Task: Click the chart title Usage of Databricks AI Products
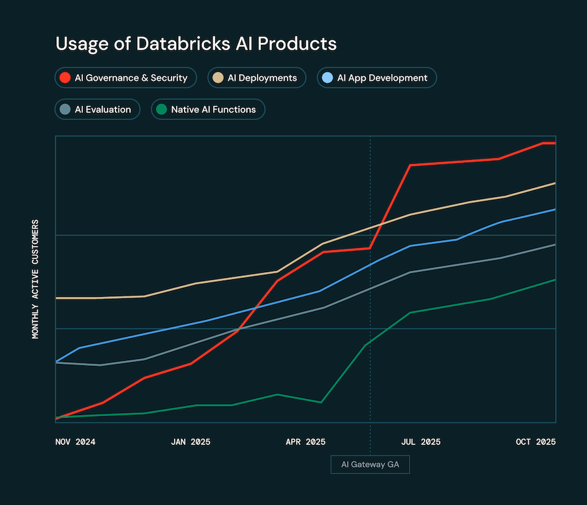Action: point(196,44)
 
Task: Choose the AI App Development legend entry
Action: point(376,78)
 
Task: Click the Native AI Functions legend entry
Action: point(208,110)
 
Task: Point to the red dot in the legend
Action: point(65,78)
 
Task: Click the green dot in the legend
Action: point(160,110)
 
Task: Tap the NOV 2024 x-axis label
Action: point(76,442)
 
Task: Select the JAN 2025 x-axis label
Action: point(190,442)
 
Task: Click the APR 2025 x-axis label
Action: point(305,442)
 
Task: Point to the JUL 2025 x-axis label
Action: point(421,442)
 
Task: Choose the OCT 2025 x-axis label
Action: point(535,442)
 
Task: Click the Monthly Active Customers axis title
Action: point(36,279)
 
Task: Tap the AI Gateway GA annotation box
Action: point(370,465)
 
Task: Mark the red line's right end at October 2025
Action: point(554,143)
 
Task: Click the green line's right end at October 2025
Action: point(554,280)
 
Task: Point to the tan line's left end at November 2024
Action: point(57,298)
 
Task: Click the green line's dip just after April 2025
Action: point(320,402)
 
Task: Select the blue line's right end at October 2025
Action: point(554,209)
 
